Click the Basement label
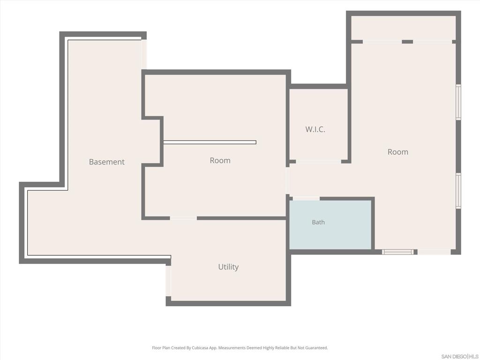106,162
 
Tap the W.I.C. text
315,129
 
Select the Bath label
318,222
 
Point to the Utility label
228,267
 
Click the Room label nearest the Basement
220,160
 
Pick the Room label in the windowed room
397,152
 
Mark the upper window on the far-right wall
458,102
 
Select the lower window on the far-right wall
458,191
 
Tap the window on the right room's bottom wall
397,252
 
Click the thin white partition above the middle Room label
210,142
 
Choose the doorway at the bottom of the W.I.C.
318,161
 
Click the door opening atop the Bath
306,199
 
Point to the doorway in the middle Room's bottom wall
183,218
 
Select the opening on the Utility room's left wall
168,281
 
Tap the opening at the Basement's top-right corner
144,54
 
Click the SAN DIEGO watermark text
454,356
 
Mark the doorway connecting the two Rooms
288,180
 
